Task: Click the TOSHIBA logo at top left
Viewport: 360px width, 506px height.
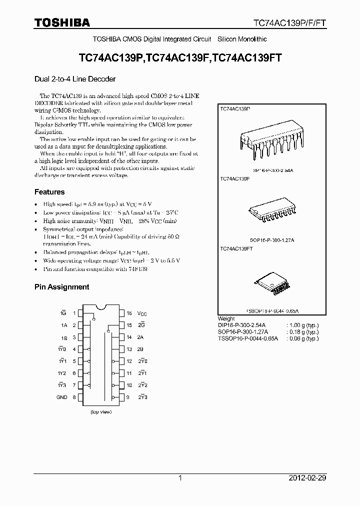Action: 62,22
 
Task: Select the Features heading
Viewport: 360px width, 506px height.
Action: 49,192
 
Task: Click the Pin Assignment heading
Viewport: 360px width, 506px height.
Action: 61,287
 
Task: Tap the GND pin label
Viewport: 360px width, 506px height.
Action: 61,397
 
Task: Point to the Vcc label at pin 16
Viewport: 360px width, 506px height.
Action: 142,313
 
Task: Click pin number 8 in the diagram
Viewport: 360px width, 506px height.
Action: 74,397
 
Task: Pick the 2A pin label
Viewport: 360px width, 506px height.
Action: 140,337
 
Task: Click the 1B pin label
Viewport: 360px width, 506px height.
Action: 64,337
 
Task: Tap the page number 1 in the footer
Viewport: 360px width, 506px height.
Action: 180,478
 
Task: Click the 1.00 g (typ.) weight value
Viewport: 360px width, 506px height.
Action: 303,325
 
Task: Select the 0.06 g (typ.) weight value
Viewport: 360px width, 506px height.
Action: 303,338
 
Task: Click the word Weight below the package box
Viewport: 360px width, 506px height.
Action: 226,318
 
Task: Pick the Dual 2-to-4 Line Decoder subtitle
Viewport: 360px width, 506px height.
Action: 75,79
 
